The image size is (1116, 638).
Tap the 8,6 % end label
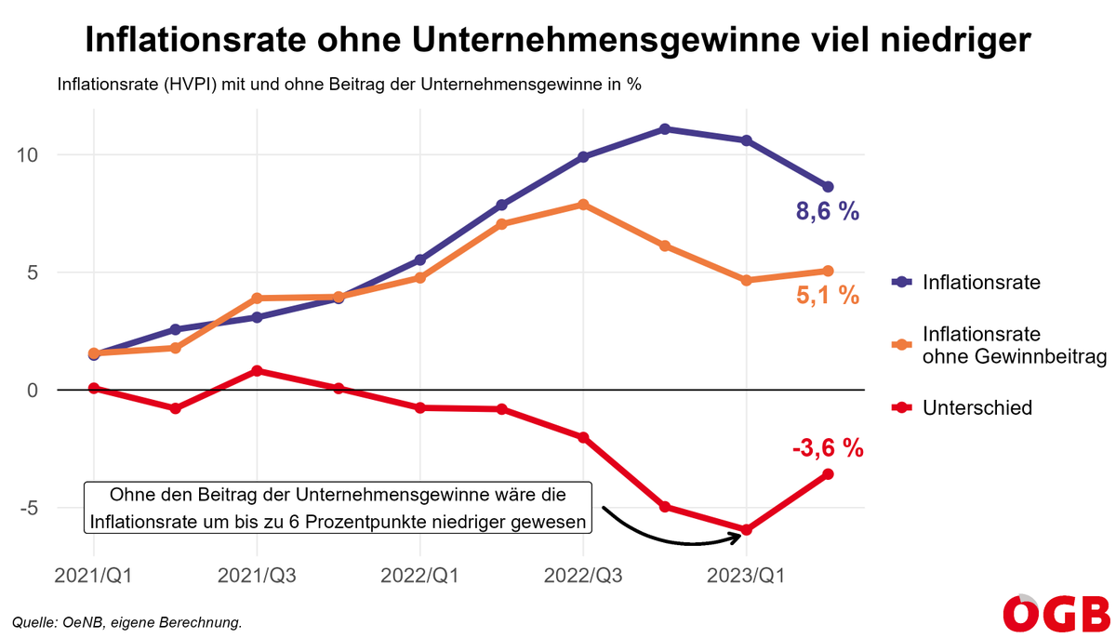[827, 212]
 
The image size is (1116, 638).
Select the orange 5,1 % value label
[827, 297]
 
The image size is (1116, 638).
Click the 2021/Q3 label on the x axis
[257, 577]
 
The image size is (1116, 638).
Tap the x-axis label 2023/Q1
[746, 577]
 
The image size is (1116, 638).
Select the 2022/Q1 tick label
[419, 577]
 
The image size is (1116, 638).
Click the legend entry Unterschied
[976, 407]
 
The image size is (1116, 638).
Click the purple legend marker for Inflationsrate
[898, 282]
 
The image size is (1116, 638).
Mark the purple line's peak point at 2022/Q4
[665, 129]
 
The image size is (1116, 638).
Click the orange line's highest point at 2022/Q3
[583, 205]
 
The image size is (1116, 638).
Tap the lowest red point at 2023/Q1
[746, 530]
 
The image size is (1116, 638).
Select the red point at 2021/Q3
[257, 370]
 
